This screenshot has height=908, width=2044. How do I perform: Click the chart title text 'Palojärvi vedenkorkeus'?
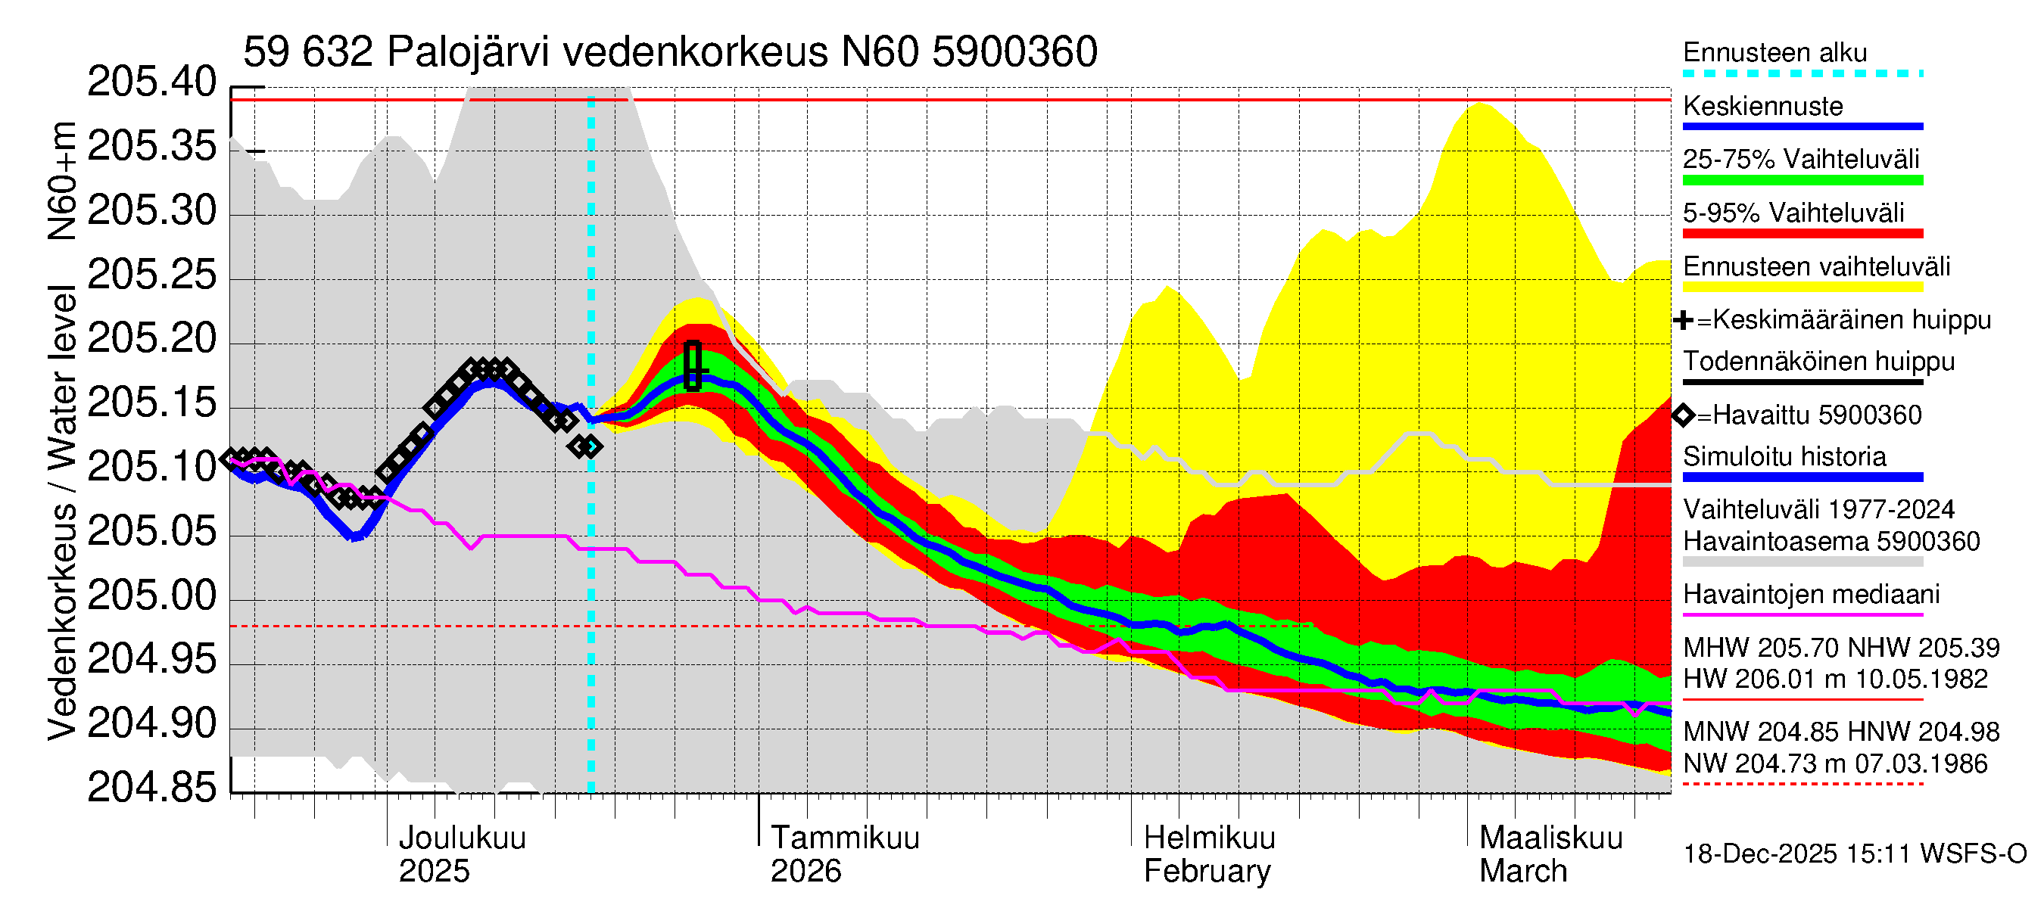pyautogui.click(x=607, y=52)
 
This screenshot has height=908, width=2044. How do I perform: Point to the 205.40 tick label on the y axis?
pyautogui.click(x=151, y=82)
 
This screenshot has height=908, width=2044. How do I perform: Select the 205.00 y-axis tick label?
pyautogui.click(x=151, y=595)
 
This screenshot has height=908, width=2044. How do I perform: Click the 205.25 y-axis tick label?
pyautogui.click(x=151, y=275)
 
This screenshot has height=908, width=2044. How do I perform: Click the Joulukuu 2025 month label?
pyautogui.click(x=462, y=854)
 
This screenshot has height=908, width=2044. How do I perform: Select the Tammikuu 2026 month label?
pyautogui.click(x=844, y=854)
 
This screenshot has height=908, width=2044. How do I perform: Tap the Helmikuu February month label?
pyautogui.click(x=1208, y=854)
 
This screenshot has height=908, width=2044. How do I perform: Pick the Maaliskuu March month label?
pyautogui.click(x=1550, y=854)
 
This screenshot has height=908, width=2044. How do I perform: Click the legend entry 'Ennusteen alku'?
pyautogui.click(x=1774, y=53)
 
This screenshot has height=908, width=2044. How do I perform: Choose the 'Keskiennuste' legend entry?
pyautogui.click(x=1762, y=106)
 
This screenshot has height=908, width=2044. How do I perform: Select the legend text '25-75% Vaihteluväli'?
pyautogui.click(x=1800, y=160)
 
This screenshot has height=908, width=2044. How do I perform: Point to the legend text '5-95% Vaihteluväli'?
pyautogui.click(x=1793, y=213)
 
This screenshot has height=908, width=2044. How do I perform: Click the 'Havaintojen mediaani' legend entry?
pyautogui.click(x=1811, y=594)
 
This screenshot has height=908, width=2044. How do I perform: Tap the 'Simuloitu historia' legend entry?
pyautogui.click(x=1784, y=457)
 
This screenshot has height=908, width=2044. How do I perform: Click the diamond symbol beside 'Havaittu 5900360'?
pyautogui.click(x=1683, y=415)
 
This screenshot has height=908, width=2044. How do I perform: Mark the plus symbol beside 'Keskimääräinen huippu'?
pyautogui.click(x=1682, y=320)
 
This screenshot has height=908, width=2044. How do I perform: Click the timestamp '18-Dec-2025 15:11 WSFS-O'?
pyautogui.click(x=1854, y=854)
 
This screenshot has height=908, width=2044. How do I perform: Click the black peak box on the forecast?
pyautogui.click(x=693, y=365)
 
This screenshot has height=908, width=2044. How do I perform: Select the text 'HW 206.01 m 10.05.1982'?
pyautogui.click(x=1834, y=679)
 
